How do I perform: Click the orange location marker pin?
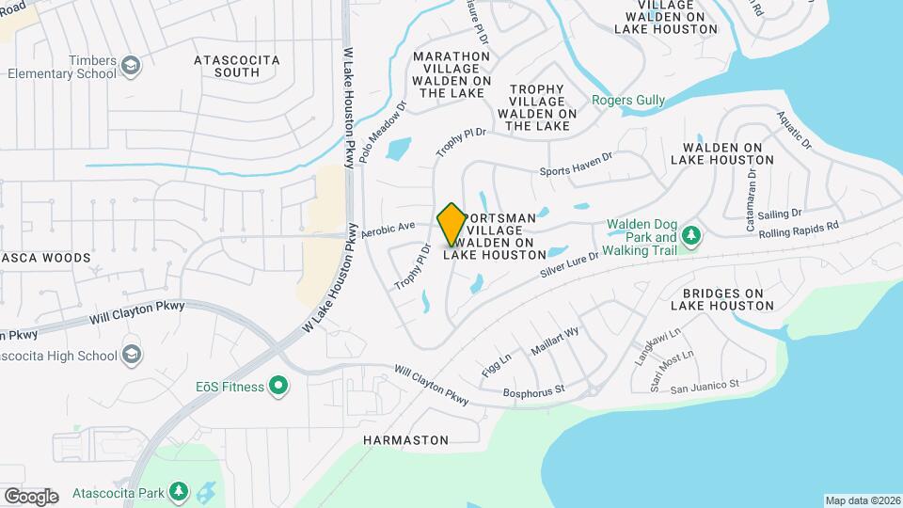coord(451,225)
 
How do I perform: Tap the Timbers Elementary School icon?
coord(131,65)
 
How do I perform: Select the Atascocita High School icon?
coord(131,355)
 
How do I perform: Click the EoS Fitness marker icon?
coord(278,386)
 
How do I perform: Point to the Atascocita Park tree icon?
coord(178,491)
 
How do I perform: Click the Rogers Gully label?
coord(628,100)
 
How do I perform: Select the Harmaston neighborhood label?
coord(405,439)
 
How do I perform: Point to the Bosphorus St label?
coord(533,389)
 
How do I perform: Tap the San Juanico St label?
coord(705,385)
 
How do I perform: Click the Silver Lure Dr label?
coord(569,262)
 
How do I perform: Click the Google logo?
coord(31,496)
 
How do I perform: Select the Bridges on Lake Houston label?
coord(722,299)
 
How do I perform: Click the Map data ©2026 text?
coord(862,500)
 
